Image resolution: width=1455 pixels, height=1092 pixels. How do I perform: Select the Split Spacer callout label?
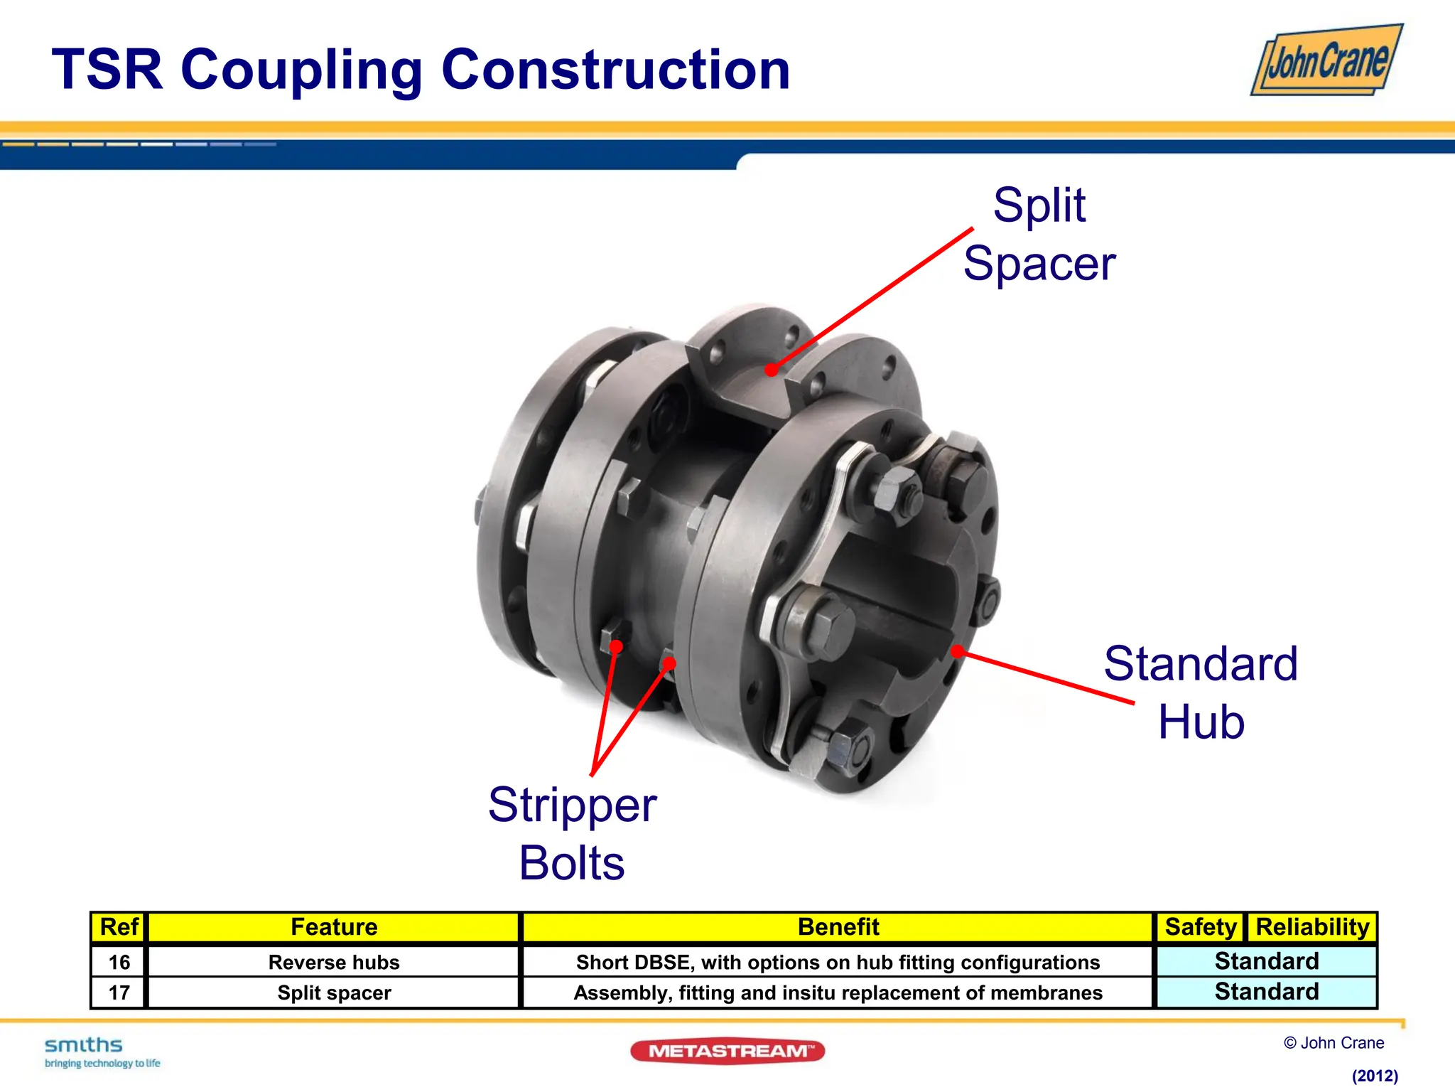point(1039,234)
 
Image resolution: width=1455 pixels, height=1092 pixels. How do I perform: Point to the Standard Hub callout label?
point(1201,692)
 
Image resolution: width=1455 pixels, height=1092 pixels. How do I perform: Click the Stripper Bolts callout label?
point(572,833)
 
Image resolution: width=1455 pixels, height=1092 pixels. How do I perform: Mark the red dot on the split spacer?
point(772,369)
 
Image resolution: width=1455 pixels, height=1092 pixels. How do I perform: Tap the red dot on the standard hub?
point(958,651)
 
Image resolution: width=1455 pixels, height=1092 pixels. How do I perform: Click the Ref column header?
point(119,927)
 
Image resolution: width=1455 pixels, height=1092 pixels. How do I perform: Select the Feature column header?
point(334,927)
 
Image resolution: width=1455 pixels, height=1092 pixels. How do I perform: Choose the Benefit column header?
point(838,927)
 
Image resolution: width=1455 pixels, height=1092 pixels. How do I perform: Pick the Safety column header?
point(1200,927)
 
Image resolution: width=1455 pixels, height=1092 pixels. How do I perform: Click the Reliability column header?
point(1312,927)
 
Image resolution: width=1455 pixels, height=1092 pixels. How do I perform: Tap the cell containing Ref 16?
point(119,962)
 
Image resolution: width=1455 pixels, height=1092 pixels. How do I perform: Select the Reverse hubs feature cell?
point(334,962)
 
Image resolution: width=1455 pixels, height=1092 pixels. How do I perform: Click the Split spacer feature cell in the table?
point(334,992)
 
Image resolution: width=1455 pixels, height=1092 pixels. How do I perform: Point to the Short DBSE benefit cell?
point(838,962)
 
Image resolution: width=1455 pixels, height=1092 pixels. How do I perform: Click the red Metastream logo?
point(727,1051)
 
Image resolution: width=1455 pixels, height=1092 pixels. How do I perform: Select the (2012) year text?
point(1375,1076)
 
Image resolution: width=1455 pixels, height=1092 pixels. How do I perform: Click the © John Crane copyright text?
point(1334,1043)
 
